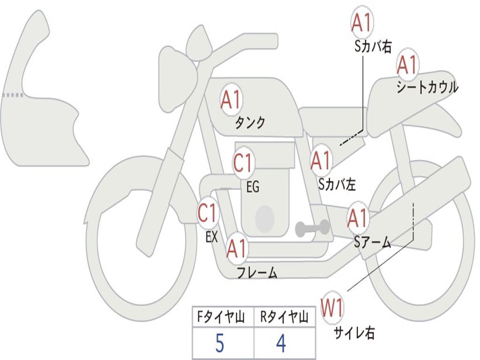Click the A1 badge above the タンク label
tap(232, 99)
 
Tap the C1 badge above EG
tap(243, 162)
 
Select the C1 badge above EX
tap(208, 212)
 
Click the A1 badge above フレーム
tap(237, 248)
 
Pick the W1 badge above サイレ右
tap(332, 307)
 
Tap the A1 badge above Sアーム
tap(357, 218)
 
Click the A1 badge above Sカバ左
tap(321, 160)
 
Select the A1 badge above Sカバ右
tap(362, 22)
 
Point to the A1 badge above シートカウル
tap(407, 64)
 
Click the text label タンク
tap(250, 122)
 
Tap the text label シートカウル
tap(427, 87)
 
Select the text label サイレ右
tap(354, 333)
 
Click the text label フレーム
tap(257, 272)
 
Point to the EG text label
tap(253, 187)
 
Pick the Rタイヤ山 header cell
tap(285, 317)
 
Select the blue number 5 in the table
tap(220, 343)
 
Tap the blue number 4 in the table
tap(281, 343)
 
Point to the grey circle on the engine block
tap(265, 218)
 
